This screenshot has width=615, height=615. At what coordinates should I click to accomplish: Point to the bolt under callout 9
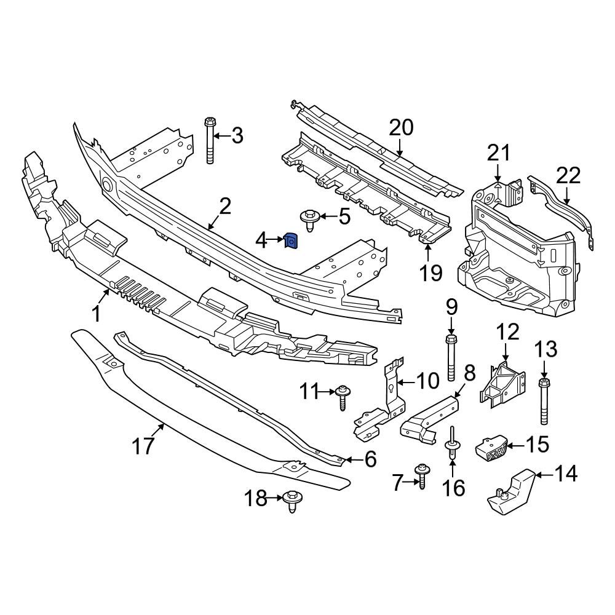pos(451,357)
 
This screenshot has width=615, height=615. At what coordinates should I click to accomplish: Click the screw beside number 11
pos(343,397)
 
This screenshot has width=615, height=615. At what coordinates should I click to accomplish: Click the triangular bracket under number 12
pos(504,386)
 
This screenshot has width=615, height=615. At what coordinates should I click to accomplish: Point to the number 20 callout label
pos(401,128)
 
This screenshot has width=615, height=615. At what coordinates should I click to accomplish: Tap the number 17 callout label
pos(144,446)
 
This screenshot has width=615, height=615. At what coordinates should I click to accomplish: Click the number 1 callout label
pos(96,314)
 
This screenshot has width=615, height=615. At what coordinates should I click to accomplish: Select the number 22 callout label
pos(568,176)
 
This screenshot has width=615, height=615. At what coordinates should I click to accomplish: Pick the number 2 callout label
pos(225,207)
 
